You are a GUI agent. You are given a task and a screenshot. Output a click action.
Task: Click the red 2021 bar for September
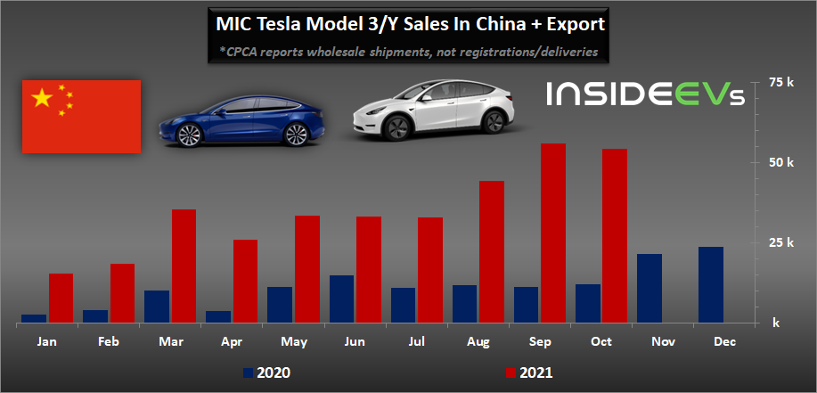click(553, 233)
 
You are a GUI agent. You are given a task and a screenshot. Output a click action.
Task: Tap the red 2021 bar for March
click(184, 266)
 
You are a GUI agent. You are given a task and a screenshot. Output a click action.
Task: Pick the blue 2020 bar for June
click(341, 299)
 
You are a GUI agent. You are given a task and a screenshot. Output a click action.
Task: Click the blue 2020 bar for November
click(649, 288)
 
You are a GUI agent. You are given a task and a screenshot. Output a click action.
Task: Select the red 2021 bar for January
click(61, 298)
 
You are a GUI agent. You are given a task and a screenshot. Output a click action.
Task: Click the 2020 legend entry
click(266, 372)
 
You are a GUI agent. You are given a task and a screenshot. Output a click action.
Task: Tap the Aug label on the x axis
click(478, 341)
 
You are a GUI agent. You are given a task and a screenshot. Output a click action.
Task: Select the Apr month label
click(231, 341)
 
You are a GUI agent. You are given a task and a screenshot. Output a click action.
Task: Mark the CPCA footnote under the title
click(409, 53)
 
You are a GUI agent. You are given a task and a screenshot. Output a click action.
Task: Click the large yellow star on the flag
click(42, 98)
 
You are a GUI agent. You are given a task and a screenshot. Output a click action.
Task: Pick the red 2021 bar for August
click(492, 251)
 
